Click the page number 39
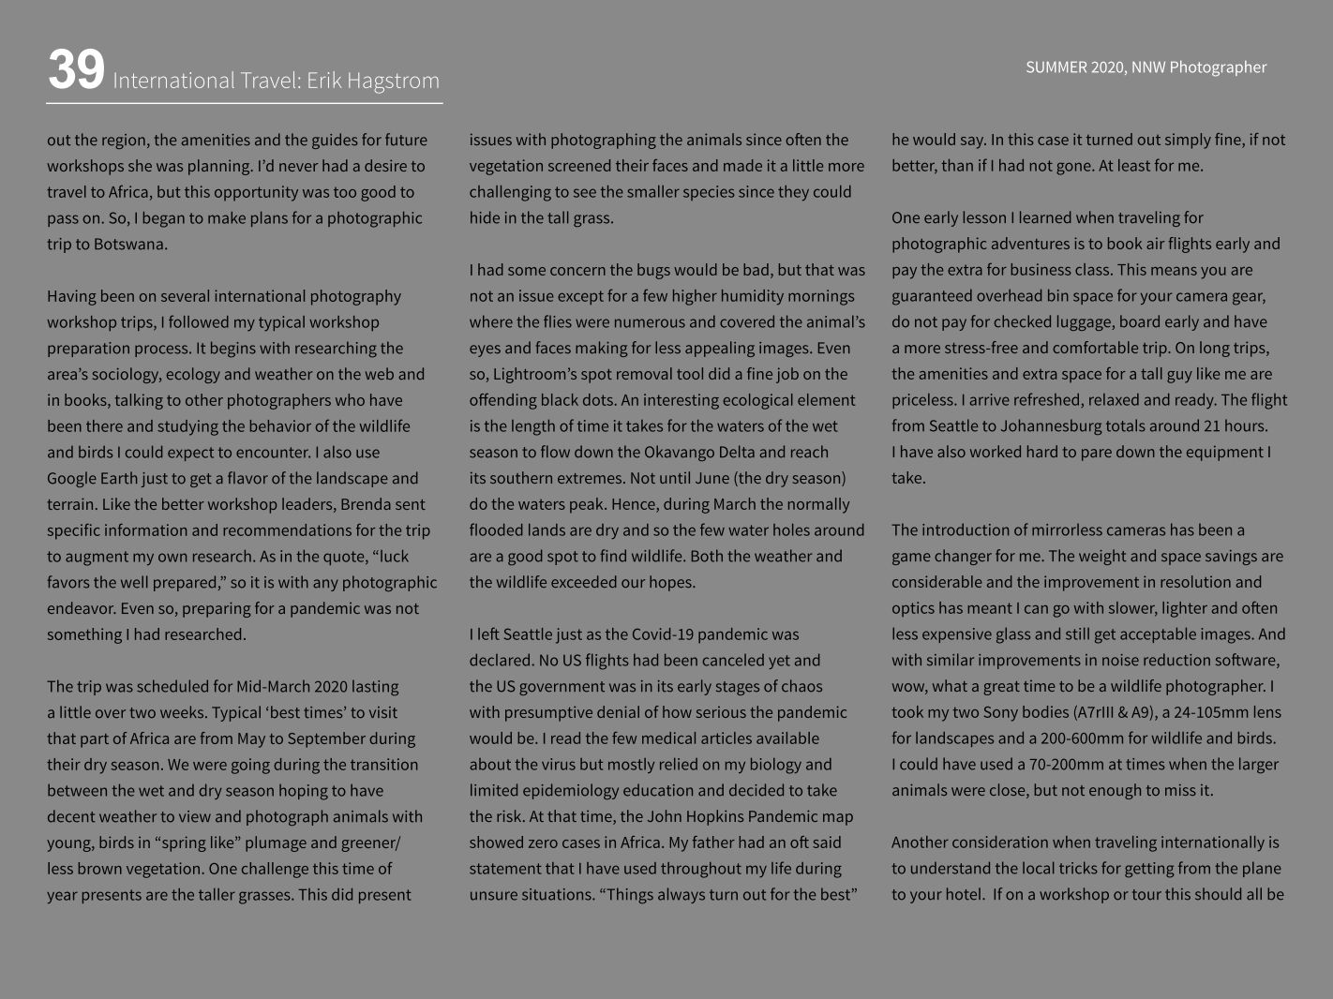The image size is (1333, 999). [76, 70]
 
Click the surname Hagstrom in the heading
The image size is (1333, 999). [393, 82]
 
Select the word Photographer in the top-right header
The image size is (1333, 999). [1217, 67]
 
